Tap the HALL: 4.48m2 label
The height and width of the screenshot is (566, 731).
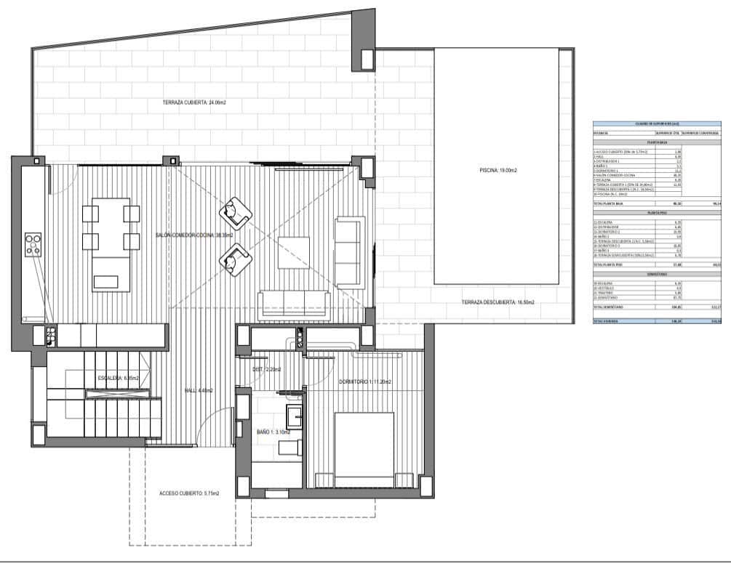(x=199, y=391)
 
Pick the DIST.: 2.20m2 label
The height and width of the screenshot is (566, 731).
(x=266, y=370)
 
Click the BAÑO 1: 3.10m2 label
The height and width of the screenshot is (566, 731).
(x=273, y=432)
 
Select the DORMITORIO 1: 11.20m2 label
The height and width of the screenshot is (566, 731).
(x=365, y=382)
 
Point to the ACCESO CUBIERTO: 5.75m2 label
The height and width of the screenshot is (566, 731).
(x=189, y=493)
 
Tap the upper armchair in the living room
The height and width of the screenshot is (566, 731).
(x=236, y=211)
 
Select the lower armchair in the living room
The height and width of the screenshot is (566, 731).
(x=236, y=259)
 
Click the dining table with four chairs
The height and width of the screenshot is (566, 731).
(x=111, y=227)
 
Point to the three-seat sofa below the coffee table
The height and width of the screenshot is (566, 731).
(x=294, y=302)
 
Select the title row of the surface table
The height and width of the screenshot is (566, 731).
(x=657, y=124)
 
